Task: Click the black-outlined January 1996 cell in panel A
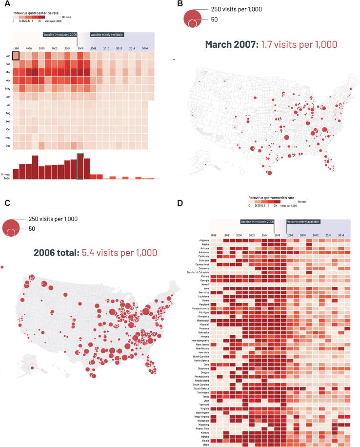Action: point(16,56)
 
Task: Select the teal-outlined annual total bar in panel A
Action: point(80,166)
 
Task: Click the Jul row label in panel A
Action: point(8,105)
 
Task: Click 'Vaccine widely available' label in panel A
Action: point(107,35)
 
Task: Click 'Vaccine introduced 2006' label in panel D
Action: point(257,222)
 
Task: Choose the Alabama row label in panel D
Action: point(203,241)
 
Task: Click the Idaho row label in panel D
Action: point(205,445)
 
